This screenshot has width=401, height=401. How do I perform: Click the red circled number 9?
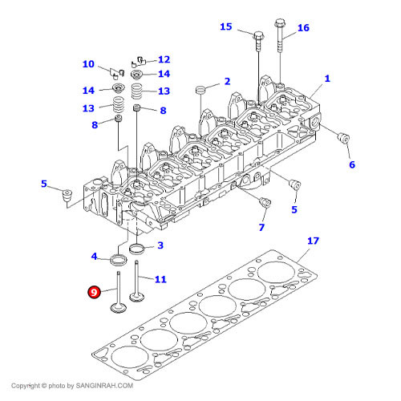pyautogui.click(x=94, y=292)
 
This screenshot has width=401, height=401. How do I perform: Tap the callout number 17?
pyautogui.click(x=313, y=241)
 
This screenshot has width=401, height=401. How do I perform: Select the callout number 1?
pyautogui.click(x=327, y=79)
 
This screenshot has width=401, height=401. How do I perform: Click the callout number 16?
pyautogui.click(x=303, y=28)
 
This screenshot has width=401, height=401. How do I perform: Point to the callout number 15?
pyautogui.click(x=226, y=26)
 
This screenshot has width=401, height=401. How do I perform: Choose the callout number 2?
pyautogui.click(x=227, y=81)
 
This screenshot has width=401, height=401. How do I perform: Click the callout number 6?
pyautogui.click(x=352, y=164)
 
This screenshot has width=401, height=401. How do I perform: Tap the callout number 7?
pyautogui.click(x=261, y=228)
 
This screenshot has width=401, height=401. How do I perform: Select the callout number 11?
pyautogui.click(x=160, y=279)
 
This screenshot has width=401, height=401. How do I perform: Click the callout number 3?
pyautogui.click(x=160, y=245)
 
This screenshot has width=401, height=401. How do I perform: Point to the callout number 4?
pyautogui.click(x=94, y=257)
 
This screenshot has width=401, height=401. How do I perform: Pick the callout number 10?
pyautogui.click(x=88, y=64)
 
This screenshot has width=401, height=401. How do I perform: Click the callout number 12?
pyautogui.click(x=164, y=59)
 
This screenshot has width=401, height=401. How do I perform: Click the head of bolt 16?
pyautogui.click(x=279, y=23)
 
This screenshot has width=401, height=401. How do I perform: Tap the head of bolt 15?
pyautogui.click(x=258, y=35)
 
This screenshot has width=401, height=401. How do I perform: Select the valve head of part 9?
pyautogui.click(x=119, y=308)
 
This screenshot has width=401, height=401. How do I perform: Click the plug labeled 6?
pyautogui.click(x=343, y=138)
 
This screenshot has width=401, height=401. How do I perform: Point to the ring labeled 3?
pyautogui.click(x=136, y=249)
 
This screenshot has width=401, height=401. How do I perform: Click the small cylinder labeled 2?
pyautogui.click(x=200, y=90)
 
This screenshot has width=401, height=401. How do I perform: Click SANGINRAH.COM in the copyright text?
pyautogui.click(x=104, y=386)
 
